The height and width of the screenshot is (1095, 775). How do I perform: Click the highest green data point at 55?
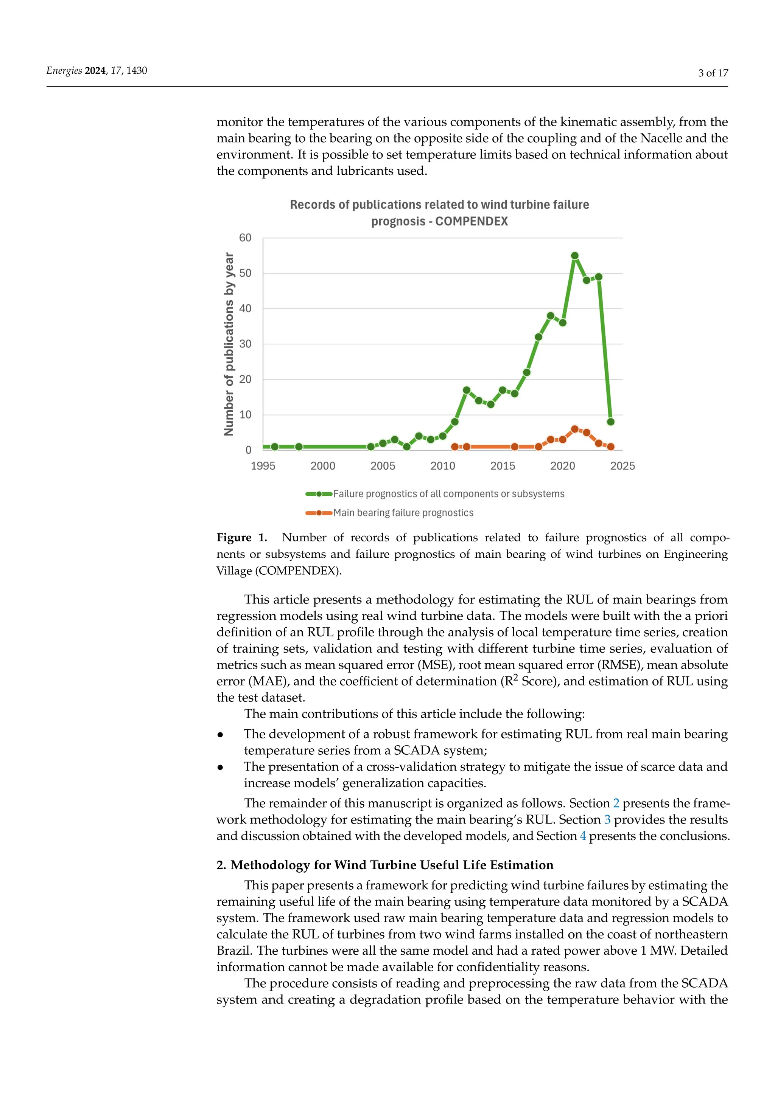tap(574, 256)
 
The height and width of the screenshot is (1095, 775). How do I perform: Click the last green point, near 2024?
tap(610, 422)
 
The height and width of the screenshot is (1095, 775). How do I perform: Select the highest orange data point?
tap(574, 429)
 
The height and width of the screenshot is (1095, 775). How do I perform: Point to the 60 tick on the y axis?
tap(245, 237)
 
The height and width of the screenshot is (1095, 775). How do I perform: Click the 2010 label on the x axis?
tap(442, 466)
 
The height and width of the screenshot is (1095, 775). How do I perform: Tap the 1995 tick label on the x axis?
tap(263, 466)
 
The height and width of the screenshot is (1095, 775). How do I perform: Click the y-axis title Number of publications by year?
tap(229, 344)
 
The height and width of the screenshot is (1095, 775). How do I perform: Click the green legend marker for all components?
tap(319, 494)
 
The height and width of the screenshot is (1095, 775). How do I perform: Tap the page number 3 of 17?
tap(713, 73)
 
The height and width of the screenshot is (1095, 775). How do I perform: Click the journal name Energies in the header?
tap(64, 71)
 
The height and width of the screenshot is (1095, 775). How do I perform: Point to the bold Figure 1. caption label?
tap(241, 538)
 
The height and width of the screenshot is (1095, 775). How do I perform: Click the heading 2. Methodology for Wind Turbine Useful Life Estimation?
tap(384, 865)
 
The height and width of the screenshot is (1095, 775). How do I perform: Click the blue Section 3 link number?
tap(607, 820)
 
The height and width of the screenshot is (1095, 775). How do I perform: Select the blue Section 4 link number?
tap(583, 836)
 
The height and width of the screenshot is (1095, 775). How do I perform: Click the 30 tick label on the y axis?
tap(245, 344)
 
